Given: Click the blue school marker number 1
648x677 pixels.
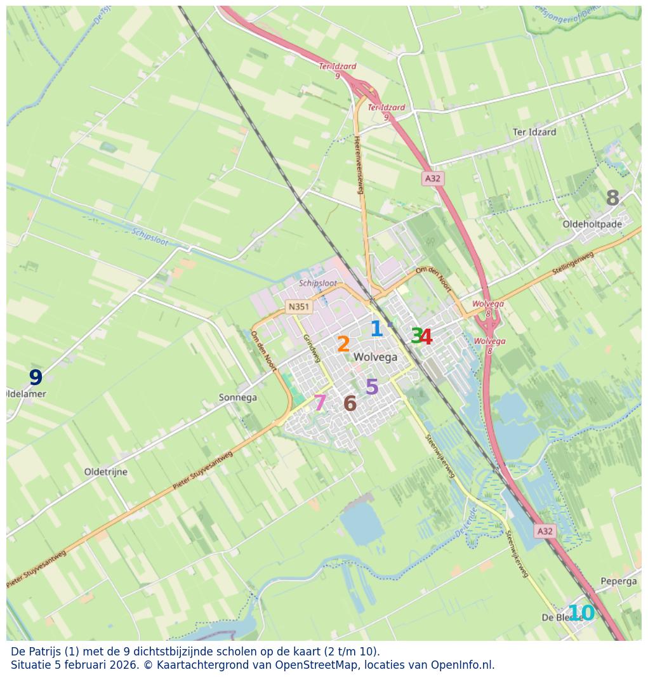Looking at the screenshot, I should (x=376, y=329).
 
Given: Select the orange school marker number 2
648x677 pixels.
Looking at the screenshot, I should (x=343, y=345).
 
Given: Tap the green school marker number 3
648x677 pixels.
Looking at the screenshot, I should (x=416, y=336).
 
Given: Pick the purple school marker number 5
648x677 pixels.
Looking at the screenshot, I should (x=372, y=387).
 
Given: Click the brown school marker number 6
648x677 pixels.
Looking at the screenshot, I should (x=350, y=404).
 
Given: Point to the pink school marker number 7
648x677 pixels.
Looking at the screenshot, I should (x=320, y=403).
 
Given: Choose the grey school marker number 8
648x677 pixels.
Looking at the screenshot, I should (x=612, y=199).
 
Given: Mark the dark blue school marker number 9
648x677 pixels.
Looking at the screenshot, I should (x=36, y=378).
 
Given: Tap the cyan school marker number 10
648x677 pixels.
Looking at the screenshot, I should (x=581, y=613).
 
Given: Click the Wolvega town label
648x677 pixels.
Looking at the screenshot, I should (x=375, y=357).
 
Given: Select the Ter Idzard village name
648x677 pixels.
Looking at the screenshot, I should (x=534, y=133).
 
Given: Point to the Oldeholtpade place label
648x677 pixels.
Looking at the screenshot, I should (x=592, y=224).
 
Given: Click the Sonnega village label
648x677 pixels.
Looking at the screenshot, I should (x=237, y=398).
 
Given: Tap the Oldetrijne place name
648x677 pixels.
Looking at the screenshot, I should (x=105, y=472).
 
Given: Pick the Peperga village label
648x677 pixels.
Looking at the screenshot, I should (x=618, y=581).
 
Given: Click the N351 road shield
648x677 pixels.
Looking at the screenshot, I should (x=298, y=306).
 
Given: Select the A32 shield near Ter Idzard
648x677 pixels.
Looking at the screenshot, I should (x=432, y=178).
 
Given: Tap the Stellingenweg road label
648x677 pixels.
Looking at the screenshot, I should (x=572, y=263).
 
